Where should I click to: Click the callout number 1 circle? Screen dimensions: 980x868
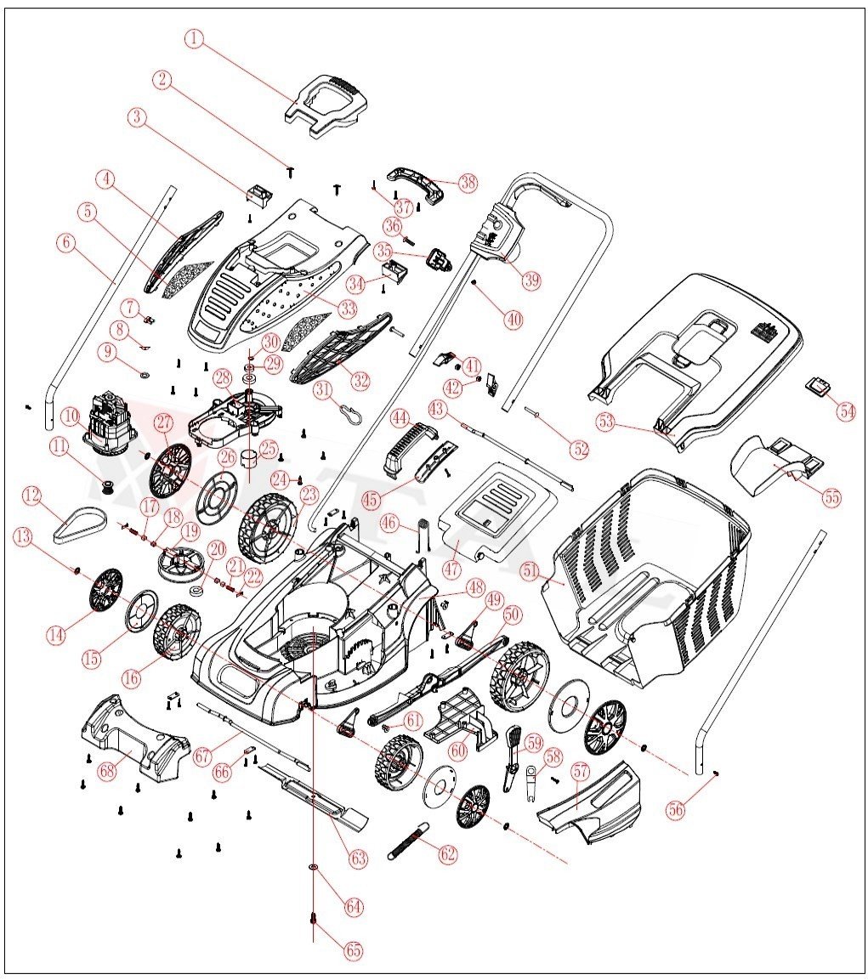pos(196,38)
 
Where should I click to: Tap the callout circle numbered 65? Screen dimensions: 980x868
pos(353,950)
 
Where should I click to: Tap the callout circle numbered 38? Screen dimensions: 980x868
pos(468,182)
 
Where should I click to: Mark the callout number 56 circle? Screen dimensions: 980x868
pos(675,809)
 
